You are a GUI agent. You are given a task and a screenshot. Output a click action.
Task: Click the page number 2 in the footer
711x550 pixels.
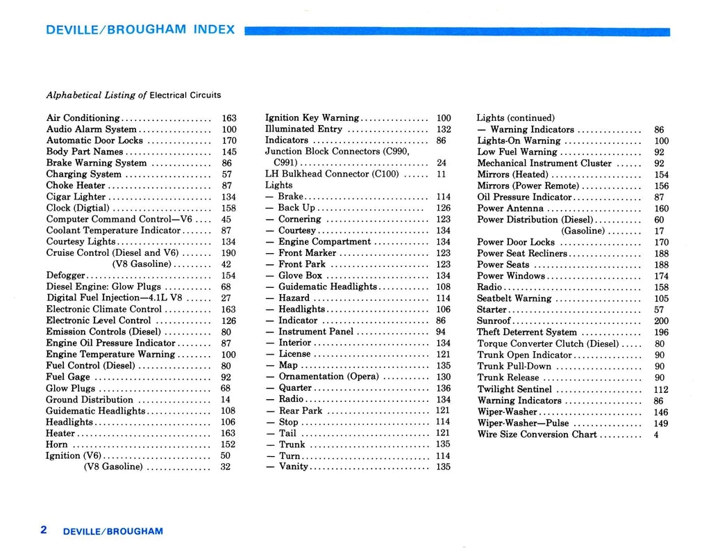click(x=44, y=530)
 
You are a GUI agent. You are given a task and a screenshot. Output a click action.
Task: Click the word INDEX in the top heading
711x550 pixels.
click(x=214, y=30)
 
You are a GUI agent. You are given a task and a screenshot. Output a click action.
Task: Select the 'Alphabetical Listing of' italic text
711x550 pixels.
click(x=97, y=95)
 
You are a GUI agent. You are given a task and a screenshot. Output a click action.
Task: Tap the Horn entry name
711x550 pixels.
click(x=57, y=444)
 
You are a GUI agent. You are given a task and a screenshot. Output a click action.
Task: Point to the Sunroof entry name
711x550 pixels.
click(x=494, y=321)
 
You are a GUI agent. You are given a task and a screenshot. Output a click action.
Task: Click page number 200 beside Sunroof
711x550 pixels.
click(x=662, y=321)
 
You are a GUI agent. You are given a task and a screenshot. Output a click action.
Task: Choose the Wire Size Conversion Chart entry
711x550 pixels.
click(x=537, y=435)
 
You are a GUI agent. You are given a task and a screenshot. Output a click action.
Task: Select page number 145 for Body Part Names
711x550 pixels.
click(x=229, y=152)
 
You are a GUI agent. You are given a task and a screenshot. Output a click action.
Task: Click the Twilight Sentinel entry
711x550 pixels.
click(x=515, y=389)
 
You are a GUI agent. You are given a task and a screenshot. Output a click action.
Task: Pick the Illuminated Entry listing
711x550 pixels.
click(x=303, y=129)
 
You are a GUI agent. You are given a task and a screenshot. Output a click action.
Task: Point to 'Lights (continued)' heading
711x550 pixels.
click(x=515, y=118)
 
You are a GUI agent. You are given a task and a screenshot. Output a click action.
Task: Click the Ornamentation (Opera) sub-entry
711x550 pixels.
click(x=328, y=377)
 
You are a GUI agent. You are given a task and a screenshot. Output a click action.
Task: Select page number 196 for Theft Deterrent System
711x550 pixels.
click(x=662, y=332)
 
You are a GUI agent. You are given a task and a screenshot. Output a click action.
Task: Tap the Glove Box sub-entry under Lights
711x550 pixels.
click(x=300, y=275)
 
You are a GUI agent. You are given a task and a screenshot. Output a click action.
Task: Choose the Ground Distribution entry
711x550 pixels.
click(x=89, y=400)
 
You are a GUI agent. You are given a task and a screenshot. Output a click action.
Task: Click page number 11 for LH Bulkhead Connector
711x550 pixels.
click(x=441, y=175)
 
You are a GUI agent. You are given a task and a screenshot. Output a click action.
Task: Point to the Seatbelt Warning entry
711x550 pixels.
click(x=514, y=298)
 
